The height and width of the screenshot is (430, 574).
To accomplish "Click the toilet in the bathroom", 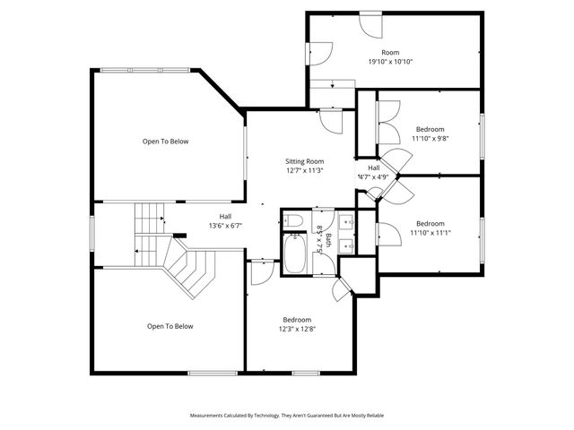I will click(x=294, y=220).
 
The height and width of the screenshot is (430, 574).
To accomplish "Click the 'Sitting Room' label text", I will click(x=304, y=159).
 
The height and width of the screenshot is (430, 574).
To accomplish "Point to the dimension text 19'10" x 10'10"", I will click(x=389, y=62).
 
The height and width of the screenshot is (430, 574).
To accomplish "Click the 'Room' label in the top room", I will click(x=389, y=52).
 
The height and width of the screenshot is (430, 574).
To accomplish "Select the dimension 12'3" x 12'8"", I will click(x=297, y=330).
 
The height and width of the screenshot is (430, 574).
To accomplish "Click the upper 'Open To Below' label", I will click(x=166, y=141).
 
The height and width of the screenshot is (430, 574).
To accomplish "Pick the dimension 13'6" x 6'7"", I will click(x=227, y=226).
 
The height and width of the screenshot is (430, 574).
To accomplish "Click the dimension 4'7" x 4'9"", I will click(x=373, y=176).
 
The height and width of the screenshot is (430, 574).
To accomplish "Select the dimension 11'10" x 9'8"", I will click(x=430, y=138).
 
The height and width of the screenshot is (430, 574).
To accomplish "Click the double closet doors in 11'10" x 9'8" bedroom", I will click(x=387, y=121).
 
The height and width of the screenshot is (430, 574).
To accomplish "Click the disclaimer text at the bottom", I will click(x=286, y=416).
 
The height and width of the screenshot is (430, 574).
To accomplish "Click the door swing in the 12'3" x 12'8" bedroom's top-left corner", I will click(x=261, y=271).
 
